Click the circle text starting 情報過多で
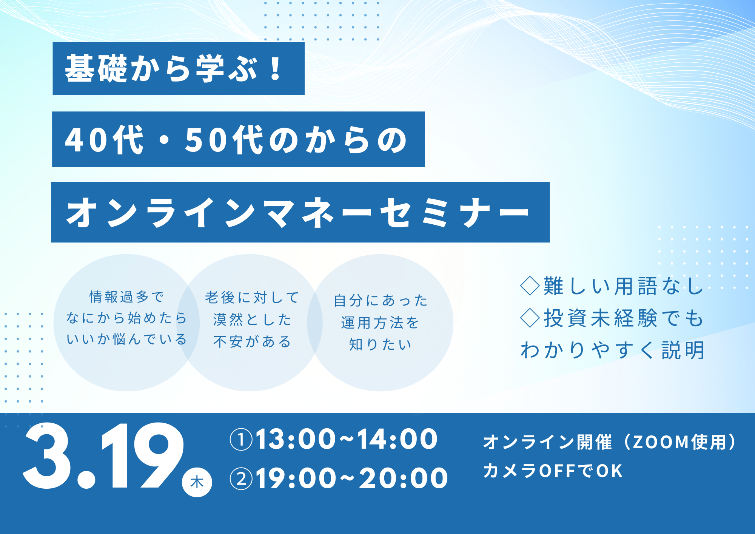coord(126,297)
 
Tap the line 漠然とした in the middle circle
coord(252,320)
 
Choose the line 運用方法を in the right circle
coord(380,323)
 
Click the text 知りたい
coord(380,344)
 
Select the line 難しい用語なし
coord(623,286)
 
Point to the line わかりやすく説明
coord(612,350)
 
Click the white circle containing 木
coord(197,482)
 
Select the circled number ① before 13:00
coord(241,440)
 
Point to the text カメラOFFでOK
coord(553,471)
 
